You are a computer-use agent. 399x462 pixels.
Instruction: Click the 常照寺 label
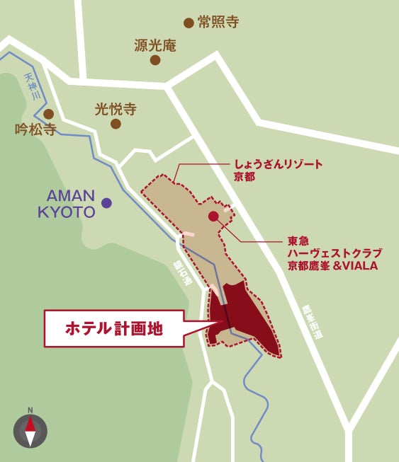[218, 22]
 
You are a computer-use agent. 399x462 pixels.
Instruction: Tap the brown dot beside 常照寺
[189, 23]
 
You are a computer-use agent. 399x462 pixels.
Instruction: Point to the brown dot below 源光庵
[155, 60]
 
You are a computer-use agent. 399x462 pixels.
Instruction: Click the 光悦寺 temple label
[116, 110]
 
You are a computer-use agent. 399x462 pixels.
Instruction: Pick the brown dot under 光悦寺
[116, 124]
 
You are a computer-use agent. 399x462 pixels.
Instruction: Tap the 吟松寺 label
[35, 129]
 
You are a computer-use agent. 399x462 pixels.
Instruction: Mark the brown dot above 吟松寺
[49, 114]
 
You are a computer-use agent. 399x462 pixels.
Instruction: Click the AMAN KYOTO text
[70, 203]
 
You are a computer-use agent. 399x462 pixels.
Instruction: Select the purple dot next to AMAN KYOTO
[106, 203]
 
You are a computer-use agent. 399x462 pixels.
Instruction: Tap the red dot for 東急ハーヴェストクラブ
[213, 216]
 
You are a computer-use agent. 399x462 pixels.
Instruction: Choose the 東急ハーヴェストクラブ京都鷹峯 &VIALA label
[334, 253]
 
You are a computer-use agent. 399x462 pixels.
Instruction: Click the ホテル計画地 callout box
[114, 328]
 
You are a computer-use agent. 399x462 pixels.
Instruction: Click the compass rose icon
[30, 431]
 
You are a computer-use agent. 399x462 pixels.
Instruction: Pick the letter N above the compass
[30, 410]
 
